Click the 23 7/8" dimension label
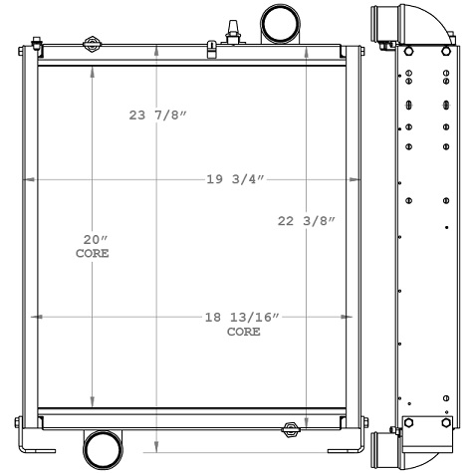pos(158,116)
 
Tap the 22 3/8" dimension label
pos(306,221)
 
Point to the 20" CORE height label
pos(93,247)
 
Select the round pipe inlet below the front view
pos(102,450)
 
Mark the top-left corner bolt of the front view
pos(35,43)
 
